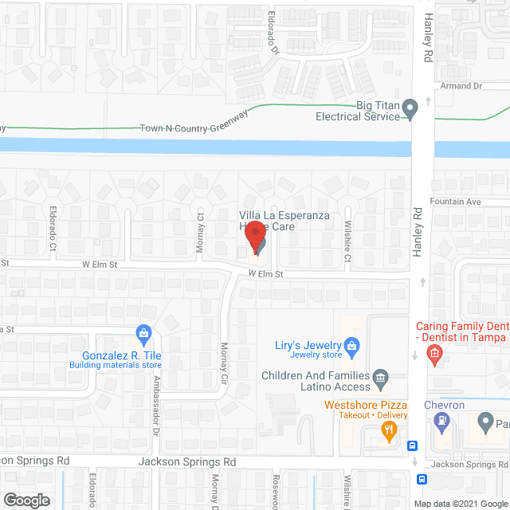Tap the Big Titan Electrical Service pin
tap(410, 108)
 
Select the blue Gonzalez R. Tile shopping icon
tap(143, 331)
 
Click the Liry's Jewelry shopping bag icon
tap(355, 345)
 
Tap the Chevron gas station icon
tap(443, 426)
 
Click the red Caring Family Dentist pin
tap(435, 355)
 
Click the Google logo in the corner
tap(25, 500)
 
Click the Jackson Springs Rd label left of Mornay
tap(187, 461)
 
